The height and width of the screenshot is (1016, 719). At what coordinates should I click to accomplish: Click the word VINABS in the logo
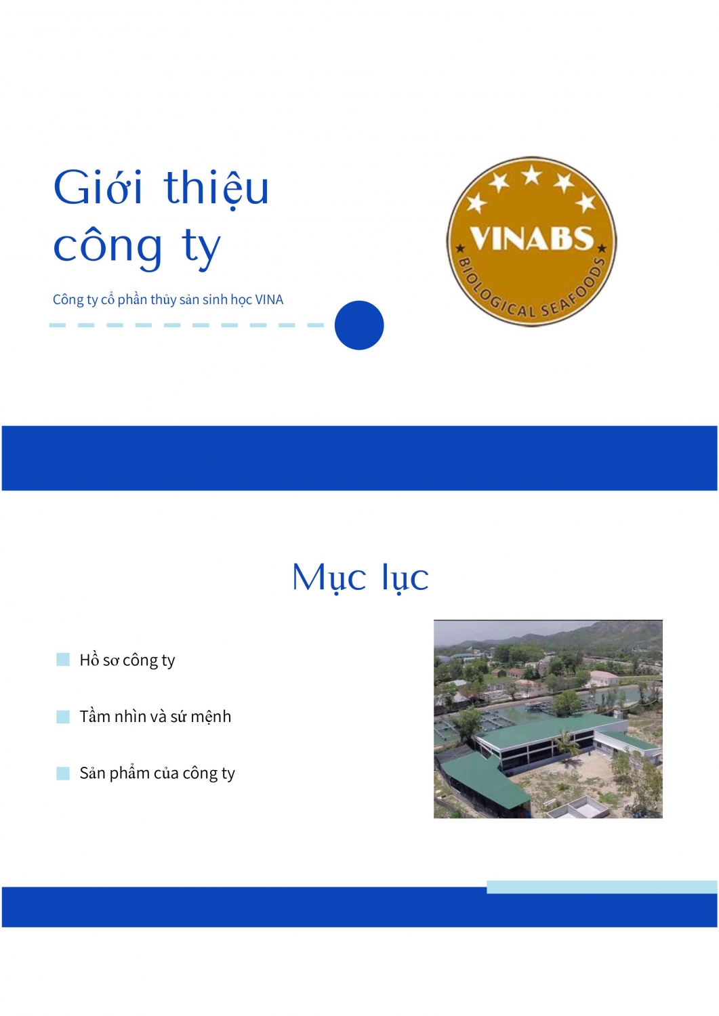tap(531, 238)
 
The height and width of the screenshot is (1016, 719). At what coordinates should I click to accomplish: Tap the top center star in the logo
tap(532, 175)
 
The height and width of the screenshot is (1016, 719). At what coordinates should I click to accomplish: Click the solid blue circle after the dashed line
tap(359, 325)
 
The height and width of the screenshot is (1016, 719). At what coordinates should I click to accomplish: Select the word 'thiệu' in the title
tap(216, 188)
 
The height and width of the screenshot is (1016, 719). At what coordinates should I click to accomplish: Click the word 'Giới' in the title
tap(98, 188)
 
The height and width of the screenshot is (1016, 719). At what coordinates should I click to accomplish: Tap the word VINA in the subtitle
tap(269, 299)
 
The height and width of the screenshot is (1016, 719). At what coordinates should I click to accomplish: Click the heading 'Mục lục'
tap(360, 578)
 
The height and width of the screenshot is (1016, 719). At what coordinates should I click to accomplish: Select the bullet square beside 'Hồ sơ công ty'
tap(63, 660)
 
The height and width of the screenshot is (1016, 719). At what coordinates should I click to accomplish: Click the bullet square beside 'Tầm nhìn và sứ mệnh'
tap(63, 717)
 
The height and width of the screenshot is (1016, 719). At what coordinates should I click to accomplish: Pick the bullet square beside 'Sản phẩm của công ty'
tap(63, 774)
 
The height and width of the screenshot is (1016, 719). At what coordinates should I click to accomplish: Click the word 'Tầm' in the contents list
tap(95, 716)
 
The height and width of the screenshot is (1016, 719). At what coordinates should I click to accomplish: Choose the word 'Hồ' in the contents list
tap(89, 659)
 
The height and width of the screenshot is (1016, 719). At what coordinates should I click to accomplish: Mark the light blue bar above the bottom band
tap(601, 887)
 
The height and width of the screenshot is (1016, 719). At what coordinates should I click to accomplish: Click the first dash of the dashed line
tap(58, 325)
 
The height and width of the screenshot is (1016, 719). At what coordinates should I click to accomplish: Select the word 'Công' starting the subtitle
tap(68, 299)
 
